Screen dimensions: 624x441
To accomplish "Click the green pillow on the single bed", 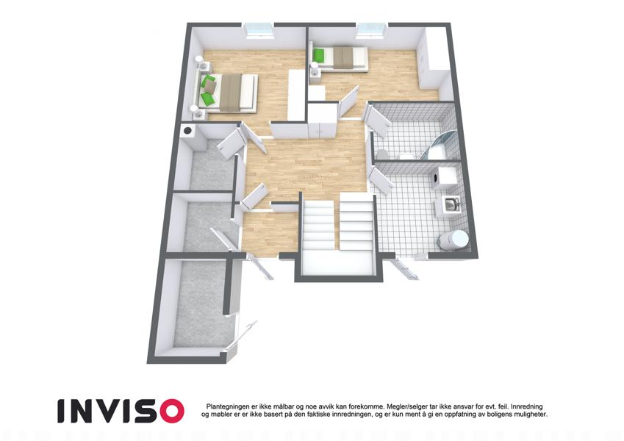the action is coord(318,54).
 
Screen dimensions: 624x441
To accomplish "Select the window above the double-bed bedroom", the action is coord(259,31).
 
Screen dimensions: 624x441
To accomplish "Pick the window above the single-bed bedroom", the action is coord(372,31).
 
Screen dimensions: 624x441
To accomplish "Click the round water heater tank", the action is coord(453,239).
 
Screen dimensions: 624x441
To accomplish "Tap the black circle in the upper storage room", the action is coord(187,130).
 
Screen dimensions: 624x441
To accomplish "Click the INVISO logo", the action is coord(121,410).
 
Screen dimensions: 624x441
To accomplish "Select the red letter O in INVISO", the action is coord(168,410).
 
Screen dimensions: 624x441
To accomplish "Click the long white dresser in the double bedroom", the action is coord(296,95).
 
